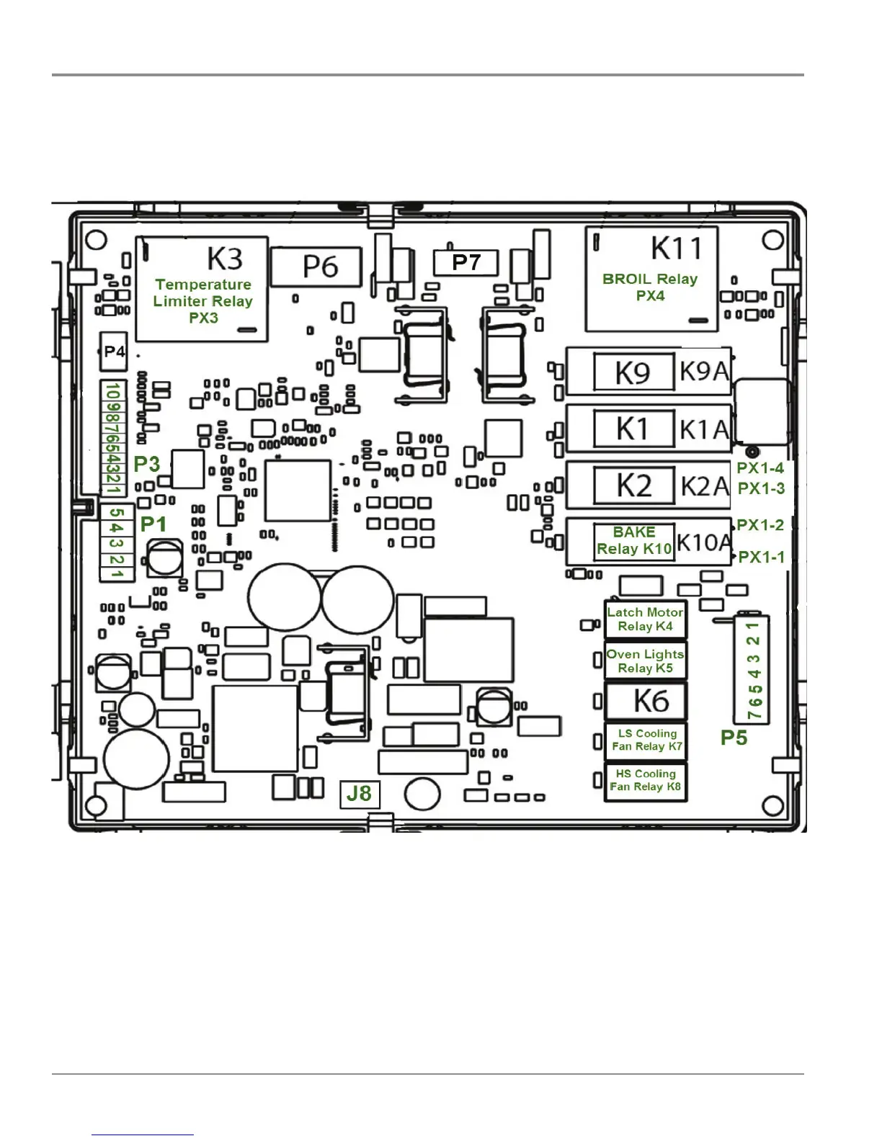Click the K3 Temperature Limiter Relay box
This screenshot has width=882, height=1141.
tap(202, 289)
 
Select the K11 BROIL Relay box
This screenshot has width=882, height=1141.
tap(651, 279)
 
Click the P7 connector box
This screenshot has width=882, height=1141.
tap(465, 263)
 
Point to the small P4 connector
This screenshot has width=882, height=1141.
tap(114, 352)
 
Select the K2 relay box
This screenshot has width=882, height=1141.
tap(633, 486)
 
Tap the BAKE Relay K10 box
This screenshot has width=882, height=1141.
tap(634, 541)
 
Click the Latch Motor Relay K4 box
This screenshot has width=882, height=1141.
tap(645, 619)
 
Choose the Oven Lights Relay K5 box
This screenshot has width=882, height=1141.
tap(645, 661)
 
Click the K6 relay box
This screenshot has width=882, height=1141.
tap(645, 701)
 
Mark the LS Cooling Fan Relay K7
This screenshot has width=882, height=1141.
tap(645, 740)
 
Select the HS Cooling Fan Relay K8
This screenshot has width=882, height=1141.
tap(645, 781)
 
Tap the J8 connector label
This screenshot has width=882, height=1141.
tap(359, 794)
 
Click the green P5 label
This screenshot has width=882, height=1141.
tap(734, 738)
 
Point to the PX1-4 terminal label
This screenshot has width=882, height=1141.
tap(760, 468)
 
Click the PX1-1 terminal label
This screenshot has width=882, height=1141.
tap(761, 557)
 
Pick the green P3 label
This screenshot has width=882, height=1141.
tap(146, 464)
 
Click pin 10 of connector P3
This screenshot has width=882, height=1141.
tap(113, 391)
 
